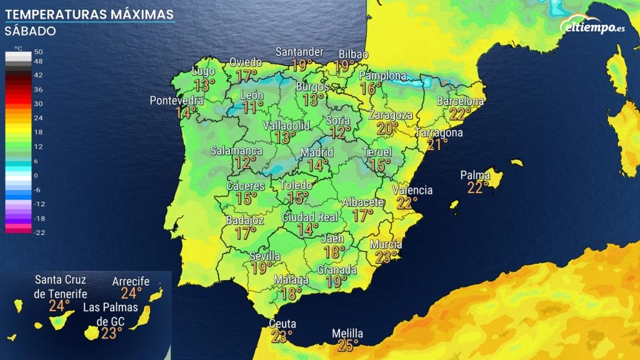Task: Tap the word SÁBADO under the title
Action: pyautogui.click(x=30, y=31)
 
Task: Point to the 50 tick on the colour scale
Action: pyautogui.click(x=37, y=51)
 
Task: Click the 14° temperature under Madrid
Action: pyautogui.click(x=317, y=166)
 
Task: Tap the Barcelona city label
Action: pyautogui.click(x=460, y=101)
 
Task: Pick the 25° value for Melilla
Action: pyautogui.click(x=347, y=344)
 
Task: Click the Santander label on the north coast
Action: pyautogui.click(x=301, y=52)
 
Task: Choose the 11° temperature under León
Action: pyautogui.click(x=252, y=107)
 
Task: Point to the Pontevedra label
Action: pyautogui.click(x=177, y=101)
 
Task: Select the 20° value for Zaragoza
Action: pyautogui.click(x=387, y=128)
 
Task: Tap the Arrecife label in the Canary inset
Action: pyautogui.click(x=131, y=282)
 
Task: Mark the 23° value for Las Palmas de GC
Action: pyautogui.click(x=111, y=333)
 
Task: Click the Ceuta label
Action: pyautogui.click(x=282, y=324)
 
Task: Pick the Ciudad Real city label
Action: pyautogui.click(x=310, y=217)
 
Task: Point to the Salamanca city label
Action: pyautogui.click(x=236, y=151)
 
